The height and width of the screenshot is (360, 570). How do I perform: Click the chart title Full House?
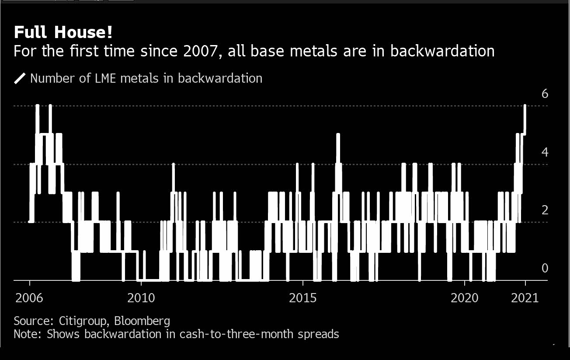pos(63,32)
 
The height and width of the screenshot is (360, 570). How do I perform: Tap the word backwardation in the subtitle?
pos(442,51)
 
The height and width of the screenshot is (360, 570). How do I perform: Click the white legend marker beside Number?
pos(20,78)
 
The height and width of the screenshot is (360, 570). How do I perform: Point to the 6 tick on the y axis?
pos(545,94)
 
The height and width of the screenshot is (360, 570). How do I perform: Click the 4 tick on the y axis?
pos(545,152)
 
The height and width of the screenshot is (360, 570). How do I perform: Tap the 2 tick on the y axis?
pos(545,210)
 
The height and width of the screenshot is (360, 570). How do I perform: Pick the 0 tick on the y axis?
pos(545,268)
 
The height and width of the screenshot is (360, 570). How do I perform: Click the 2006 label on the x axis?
pos(29,298)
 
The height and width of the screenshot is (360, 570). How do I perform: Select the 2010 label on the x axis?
pos(141,298)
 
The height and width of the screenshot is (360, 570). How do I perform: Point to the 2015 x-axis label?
pos(303,298)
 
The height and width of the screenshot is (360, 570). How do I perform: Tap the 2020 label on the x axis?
pos(465,298)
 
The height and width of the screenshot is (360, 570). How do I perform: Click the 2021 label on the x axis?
pos(525,298)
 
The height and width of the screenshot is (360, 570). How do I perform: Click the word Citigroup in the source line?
pos(83,321)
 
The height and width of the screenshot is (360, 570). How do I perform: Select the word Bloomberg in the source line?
pos(142,321)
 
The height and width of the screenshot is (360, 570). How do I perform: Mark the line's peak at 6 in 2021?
pos(525,106)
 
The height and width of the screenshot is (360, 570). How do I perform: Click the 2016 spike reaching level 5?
pos(338,135)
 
